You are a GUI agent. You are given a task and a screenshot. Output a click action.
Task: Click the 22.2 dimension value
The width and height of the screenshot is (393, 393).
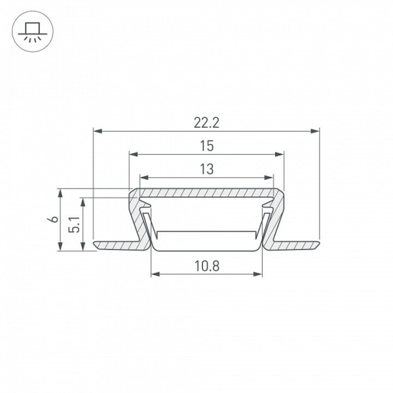pos(206,123)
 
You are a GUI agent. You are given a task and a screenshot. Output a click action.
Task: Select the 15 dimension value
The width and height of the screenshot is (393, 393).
pos(207,146)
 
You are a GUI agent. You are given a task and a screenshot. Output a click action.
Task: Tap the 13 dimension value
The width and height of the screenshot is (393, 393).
pos(207,169)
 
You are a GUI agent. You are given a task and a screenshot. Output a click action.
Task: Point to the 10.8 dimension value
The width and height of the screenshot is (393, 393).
pos(207,266)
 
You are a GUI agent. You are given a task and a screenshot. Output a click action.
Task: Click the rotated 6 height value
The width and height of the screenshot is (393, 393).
pos(54,219)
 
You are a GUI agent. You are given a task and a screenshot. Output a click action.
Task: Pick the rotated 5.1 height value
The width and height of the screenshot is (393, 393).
pos(75,225)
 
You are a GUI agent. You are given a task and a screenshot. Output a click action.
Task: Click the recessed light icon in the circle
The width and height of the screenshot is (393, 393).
pos(33,31)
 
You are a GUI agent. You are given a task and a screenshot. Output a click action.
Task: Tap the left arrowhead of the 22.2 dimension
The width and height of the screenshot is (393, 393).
pos(98,131)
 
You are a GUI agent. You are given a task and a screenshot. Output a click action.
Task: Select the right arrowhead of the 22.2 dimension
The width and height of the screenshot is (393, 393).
pos(315,131)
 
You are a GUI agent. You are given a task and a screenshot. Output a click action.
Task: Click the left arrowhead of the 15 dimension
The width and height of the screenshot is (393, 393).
pos(134,154)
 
